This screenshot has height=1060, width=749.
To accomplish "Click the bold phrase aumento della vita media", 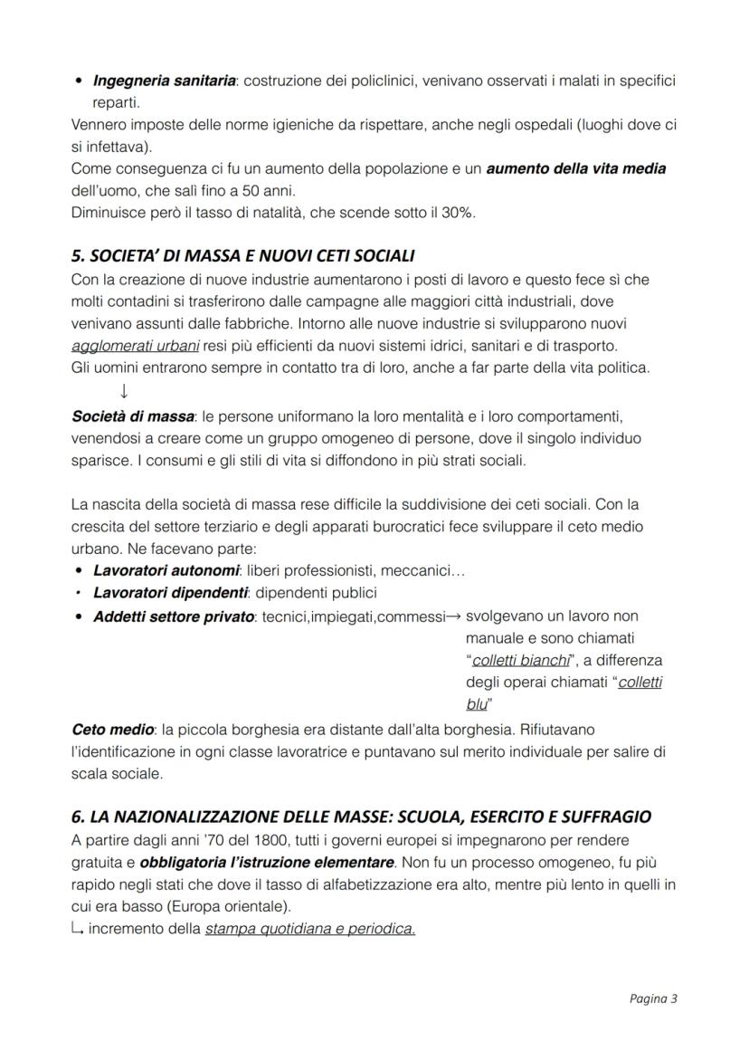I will click(x=576, y=169).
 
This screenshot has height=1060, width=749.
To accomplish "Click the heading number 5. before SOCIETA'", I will click(x=78, y=257).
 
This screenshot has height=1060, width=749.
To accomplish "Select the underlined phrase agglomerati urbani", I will click(x=135, y=346).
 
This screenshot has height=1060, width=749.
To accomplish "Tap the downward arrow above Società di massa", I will click(x=123, y=391).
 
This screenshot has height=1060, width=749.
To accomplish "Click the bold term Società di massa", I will click(x=132, y=417).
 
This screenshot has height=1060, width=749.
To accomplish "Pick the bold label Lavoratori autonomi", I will click(x=166, y=571).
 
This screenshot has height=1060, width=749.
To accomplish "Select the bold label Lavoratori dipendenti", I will click(x=170, y=593).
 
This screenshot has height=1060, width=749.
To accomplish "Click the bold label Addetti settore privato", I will click(x=174, y=616).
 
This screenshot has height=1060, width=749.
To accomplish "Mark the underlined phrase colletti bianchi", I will click(x=521, y=660).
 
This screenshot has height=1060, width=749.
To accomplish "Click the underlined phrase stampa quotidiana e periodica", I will click(x=309, y=929).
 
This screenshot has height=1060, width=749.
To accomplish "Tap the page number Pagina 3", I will click(x=653, y=999).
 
